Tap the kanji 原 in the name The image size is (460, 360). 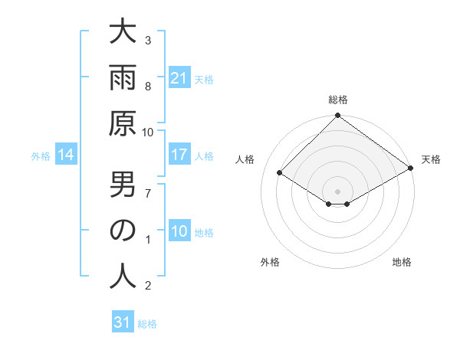coord(123,126)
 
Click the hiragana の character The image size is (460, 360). coord(123,231)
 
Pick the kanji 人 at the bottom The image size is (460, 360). coord(123,276)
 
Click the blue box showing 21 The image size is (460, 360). coord(179,78)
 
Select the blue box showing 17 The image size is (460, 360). coord(179,155)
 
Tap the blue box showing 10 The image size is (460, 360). coord(179,231)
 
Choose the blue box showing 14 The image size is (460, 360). coord(66,155)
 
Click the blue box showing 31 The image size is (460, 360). coord(123,322)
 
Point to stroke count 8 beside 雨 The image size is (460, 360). coord(148,86)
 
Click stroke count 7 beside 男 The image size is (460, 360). coord(148,191)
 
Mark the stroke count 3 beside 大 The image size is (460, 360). coord(148,40)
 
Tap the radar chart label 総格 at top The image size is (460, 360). coord(337,100)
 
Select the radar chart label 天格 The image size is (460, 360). coord(431,159)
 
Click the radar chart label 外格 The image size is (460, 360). coord(270,262)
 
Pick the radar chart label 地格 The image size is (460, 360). coord(402,262)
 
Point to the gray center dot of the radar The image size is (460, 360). coord(337,191)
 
